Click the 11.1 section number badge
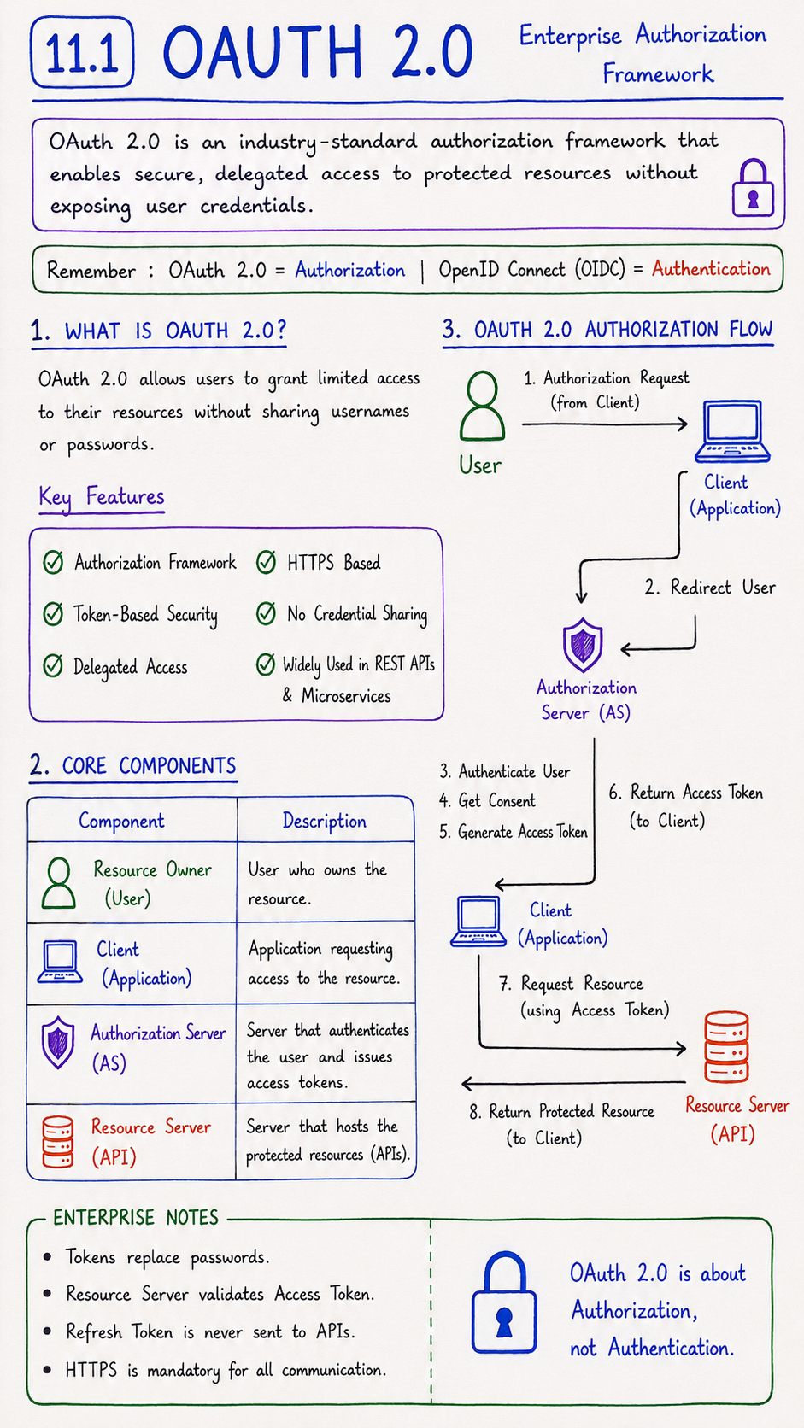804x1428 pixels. point(82,52)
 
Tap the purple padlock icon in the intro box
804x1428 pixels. point(753,188)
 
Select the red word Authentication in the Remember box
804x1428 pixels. point(711,269)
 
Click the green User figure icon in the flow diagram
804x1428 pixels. point(482,406)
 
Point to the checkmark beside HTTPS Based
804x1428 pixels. point(266,562)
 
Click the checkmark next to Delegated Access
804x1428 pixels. point(53,665)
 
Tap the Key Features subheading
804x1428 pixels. point(102,496)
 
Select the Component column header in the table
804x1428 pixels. point(122,821)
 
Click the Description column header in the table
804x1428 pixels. point(325,821)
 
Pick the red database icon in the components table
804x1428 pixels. point(57,1141)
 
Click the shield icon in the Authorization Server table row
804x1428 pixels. point(58,1042)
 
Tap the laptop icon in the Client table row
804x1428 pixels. point(60,962)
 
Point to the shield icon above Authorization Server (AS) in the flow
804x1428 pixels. point(583,645)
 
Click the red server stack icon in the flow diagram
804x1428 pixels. point(726,1047)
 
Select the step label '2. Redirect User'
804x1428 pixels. point(710,587)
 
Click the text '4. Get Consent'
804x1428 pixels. point(488,801)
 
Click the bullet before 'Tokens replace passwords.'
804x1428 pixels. point(47,1257)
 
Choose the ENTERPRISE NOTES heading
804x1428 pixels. point(136,1218)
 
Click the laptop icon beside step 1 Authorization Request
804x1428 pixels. point(732,431)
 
